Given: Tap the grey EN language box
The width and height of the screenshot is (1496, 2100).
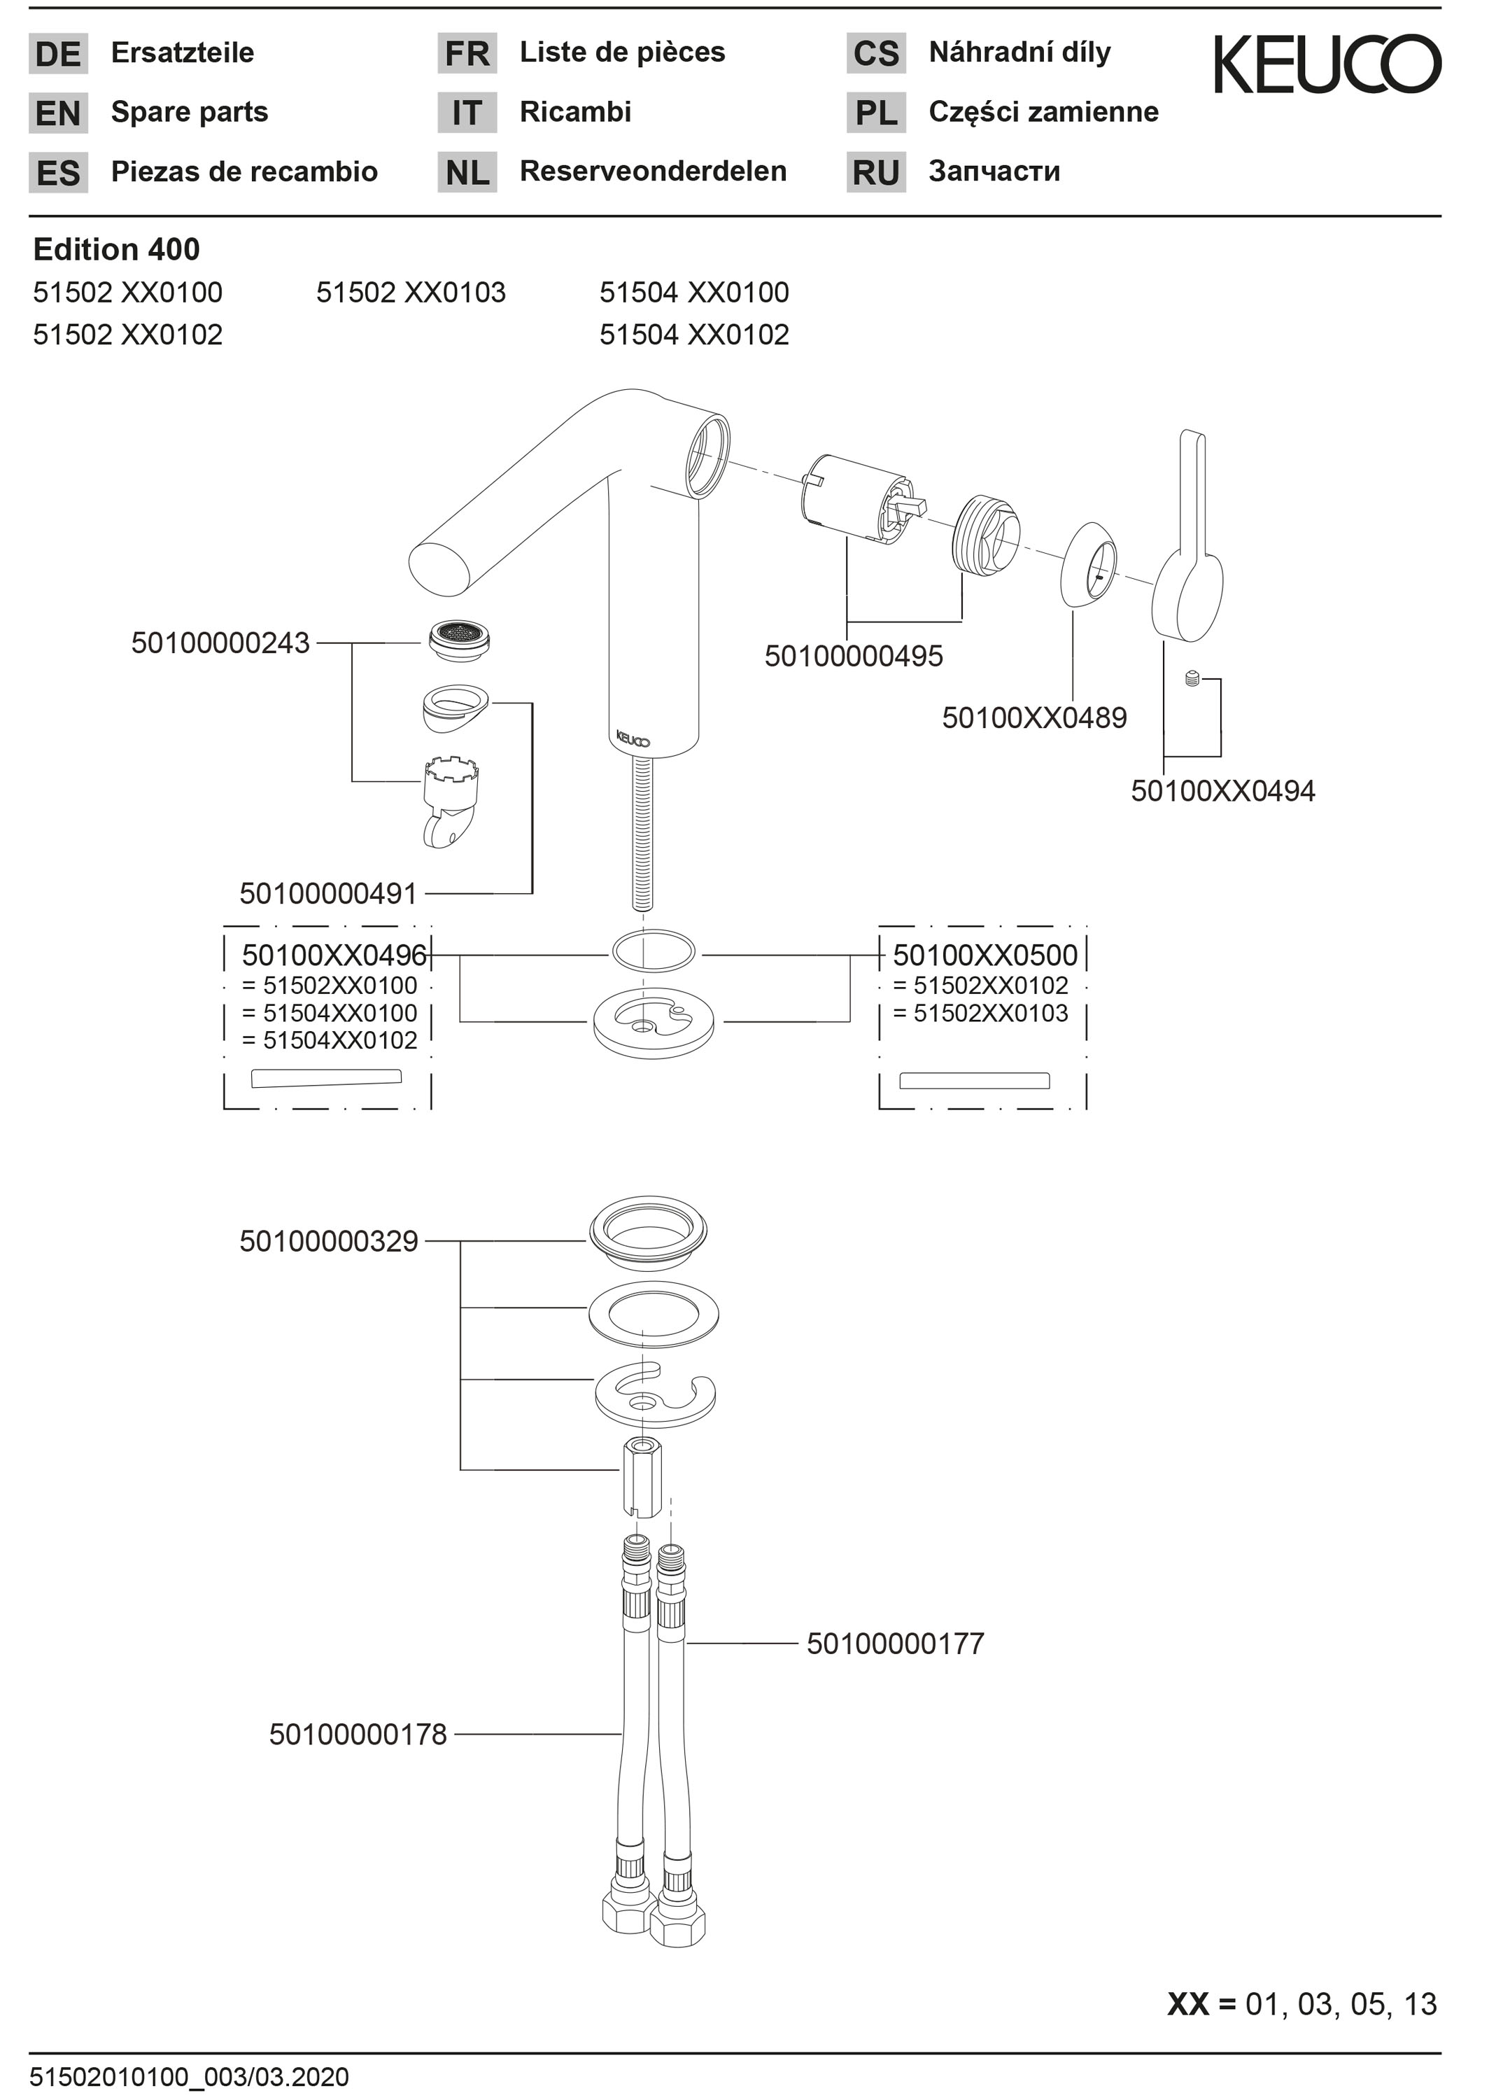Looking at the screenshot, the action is coord(58,113).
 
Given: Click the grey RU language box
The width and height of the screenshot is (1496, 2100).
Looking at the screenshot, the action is coord(876,172).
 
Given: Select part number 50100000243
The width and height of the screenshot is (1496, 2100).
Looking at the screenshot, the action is coord(220,643).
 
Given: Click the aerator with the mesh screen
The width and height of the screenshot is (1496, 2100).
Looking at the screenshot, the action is coord(459,640).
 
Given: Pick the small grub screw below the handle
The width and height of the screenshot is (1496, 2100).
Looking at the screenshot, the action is coord(1192,679).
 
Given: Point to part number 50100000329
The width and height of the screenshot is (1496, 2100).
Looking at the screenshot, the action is coord(329,1241).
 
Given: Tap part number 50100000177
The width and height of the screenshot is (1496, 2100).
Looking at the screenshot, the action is coord(896,1643).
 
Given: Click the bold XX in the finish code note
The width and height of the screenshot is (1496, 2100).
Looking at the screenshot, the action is coord(1187,2004).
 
